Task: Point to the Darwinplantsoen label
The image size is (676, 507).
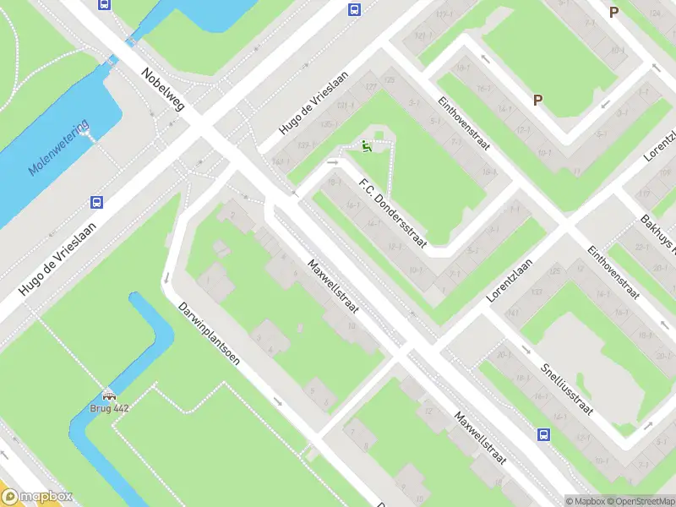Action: click(x=209, y=335)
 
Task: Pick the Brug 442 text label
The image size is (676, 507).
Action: click(x=109, y=408)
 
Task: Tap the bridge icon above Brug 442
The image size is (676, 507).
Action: click(x=109, y=395)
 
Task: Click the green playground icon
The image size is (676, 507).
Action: click(x=366, y=147)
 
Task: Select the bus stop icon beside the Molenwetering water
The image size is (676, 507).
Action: click(x=97, y=203)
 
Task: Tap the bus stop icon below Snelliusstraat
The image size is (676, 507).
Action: click(x=543, y=435)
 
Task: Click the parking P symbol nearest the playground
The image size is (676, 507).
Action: click(x=537, y=101)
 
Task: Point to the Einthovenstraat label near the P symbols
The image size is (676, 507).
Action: click(x=464, y=124)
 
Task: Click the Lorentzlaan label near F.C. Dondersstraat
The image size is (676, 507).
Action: click(x=512, y=281)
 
